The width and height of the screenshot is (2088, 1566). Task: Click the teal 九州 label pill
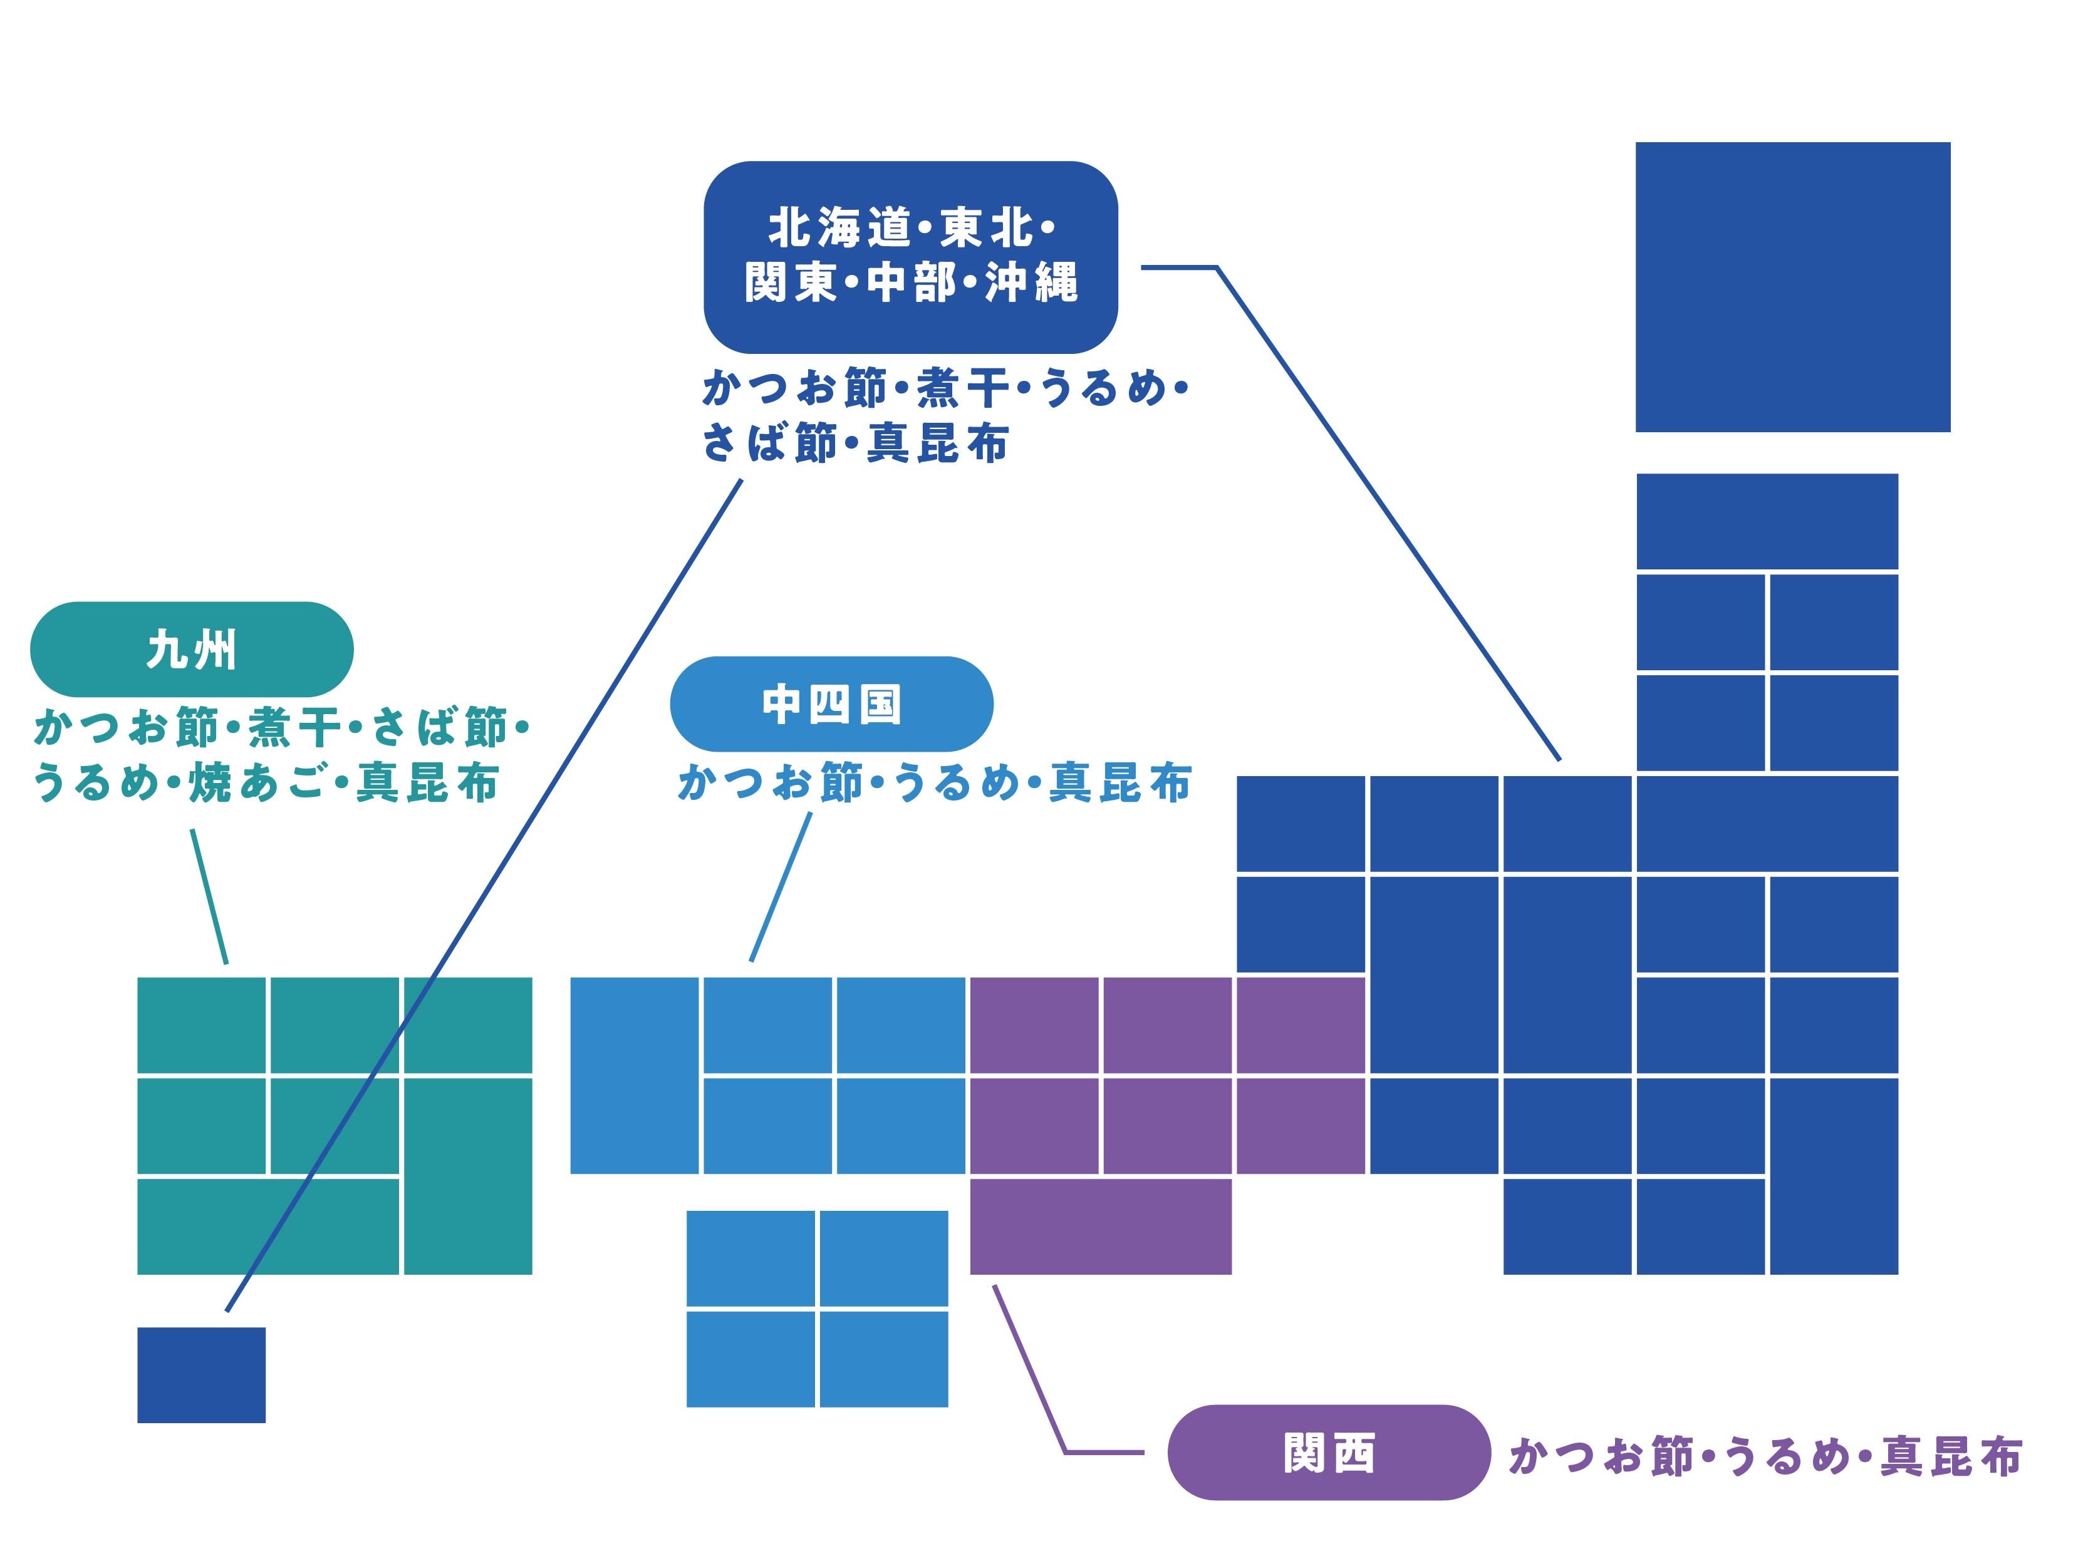(192, 650)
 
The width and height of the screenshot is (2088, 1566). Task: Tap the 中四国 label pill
(831, 704)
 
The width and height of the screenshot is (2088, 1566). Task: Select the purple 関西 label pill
(1328, 1453)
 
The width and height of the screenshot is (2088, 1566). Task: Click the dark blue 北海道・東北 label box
(910, 257)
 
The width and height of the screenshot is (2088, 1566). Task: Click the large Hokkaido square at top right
(1792, 287)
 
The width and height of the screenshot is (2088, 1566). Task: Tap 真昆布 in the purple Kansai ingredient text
(1951, 1456)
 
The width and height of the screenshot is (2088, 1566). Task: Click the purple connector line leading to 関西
(1029, 1369)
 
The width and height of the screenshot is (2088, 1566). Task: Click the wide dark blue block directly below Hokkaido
(1766, 521)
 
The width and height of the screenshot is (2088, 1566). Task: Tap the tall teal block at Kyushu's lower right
(468, 1175)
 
